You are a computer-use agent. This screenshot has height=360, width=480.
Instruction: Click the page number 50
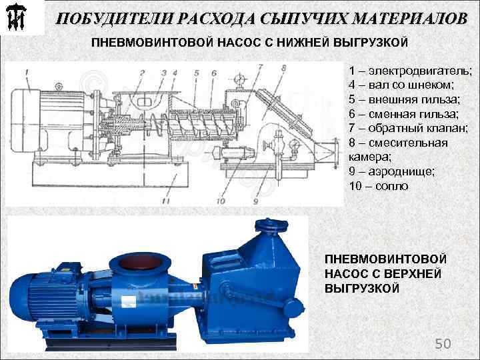point(443,343)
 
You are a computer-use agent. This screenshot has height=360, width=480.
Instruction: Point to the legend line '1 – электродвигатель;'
point(409,71)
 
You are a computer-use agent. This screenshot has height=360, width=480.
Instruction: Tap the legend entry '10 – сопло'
point(378,185)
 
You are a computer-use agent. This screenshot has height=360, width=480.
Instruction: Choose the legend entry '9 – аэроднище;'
point(391,171)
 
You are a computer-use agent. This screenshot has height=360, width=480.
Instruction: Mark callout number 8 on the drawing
point(283,67)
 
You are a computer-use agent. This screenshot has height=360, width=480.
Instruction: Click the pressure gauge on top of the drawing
point(238,80)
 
